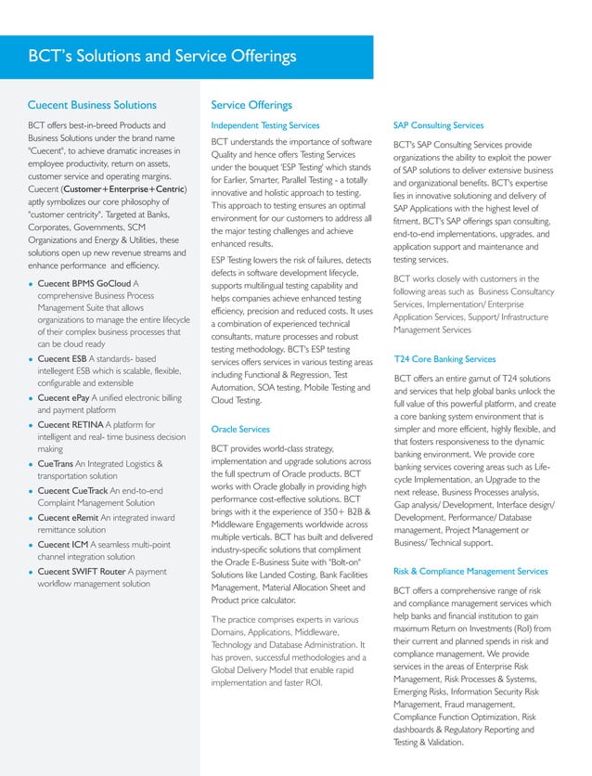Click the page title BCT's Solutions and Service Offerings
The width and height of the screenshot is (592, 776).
tap(161, 58)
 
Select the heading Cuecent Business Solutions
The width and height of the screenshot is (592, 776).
tap(92, 105)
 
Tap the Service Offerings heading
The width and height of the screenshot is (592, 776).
tap(251, 105)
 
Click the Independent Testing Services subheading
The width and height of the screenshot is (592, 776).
tap(265, 124)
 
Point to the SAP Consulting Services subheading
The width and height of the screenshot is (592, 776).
tap(439, 124)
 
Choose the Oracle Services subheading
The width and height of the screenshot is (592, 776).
tap(240, 430)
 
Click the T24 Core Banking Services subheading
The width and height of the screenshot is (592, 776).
tap(444, 358)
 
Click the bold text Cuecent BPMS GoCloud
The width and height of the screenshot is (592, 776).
tap(84, 282)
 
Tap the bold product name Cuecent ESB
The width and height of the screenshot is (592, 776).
tap(63, 358)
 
